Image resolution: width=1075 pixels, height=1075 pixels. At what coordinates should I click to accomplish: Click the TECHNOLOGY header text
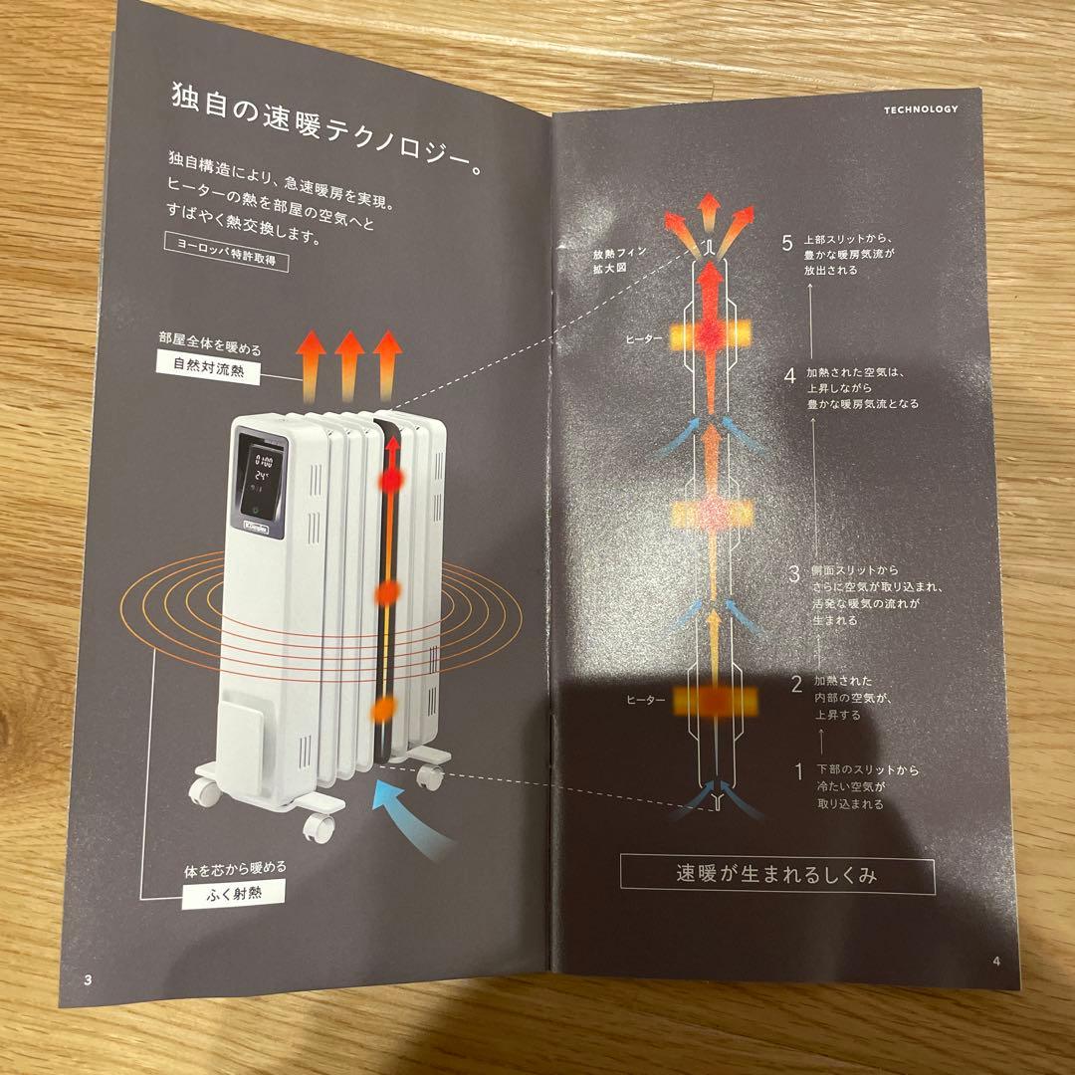click(920, 109)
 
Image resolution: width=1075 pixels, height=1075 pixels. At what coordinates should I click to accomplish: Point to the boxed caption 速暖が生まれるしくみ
click(776, 876)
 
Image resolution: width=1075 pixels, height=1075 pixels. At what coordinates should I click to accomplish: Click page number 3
click(88, 979)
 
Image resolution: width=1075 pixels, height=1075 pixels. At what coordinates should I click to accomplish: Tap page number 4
click(995, 962)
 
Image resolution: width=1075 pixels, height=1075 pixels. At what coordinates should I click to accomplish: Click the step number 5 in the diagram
click(787, 243)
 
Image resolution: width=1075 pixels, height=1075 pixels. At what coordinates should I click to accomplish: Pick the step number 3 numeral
click(793, 573)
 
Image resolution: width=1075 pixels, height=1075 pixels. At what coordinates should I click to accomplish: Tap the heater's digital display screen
click(262, 476)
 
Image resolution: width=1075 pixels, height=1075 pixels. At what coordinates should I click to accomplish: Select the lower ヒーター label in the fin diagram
click(645, 701)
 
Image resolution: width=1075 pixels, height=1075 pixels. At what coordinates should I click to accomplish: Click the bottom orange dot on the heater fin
click(382, 710)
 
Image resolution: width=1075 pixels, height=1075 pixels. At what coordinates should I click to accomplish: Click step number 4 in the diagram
click(788, 376)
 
